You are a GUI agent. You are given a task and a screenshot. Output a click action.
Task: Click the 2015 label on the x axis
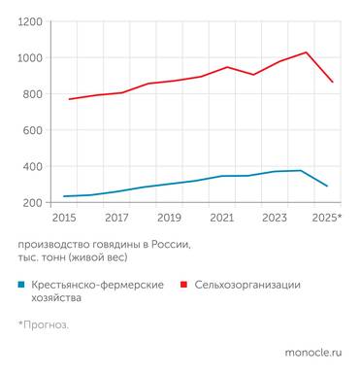(64, 219)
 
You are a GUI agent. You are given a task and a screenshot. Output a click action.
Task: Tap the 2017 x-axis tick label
(116, 219)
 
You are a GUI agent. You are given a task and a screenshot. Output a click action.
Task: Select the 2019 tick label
(169, 219)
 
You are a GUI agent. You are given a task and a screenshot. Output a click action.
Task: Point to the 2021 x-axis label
(221, 219)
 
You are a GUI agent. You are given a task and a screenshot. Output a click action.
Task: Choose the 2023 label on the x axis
(274, 219)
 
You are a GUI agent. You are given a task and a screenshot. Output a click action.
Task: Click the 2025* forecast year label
(327, 219)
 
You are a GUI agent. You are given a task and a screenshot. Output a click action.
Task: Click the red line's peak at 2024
(307, 52)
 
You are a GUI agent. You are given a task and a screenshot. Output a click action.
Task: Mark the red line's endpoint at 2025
(333, 82)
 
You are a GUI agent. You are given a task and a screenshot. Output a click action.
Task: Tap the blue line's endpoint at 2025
(328, 186)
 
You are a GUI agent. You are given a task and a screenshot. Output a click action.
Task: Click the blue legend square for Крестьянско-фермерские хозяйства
(21, 286)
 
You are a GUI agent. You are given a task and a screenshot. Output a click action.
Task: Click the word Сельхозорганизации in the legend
(247, 285)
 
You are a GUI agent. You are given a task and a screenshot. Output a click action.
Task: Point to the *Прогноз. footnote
(44, 323)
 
